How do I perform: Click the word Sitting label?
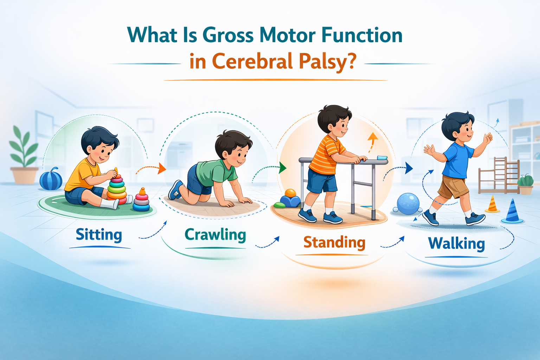click(x=99, y=235)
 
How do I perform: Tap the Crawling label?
click(x=215, y=235)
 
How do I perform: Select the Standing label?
click(x=334, y=243)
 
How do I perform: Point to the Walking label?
click(x=456, y=243)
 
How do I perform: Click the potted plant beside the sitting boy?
click(x=24, y=158)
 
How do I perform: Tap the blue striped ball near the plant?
click(x=51, y=179)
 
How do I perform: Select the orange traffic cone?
click(x=493, y=205)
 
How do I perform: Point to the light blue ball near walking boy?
click(x=408, y=204)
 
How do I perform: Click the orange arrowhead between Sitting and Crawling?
click(x=162, y=168)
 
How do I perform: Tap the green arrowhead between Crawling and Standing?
click(x=282, y=168)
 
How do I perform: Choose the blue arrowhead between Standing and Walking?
click(x=409, y=168)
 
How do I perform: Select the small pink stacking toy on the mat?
click(x=141, y=200)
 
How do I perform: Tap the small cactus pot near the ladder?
click(x=526, y=184)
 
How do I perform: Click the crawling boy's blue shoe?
click(x=175, y=190)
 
